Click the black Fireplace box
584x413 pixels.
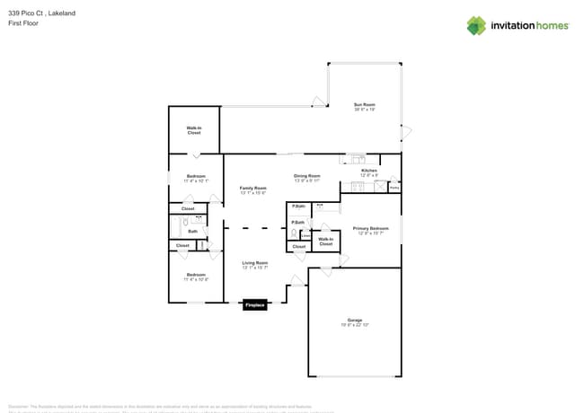point(254,305)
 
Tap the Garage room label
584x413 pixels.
point(355,320)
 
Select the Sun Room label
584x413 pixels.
point(364,105)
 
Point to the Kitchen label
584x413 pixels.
point(369,171)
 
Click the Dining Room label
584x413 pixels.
point(307,176)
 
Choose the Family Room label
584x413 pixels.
point(252,189)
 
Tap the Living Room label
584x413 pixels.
point(254,262)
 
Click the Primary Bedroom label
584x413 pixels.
point(370,229)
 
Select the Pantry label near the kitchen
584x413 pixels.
point(394,189)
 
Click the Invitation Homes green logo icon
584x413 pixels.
point(476,25)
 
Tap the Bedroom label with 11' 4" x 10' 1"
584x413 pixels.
point(196,176)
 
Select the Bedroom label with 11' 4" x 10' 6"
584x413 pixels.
point(196,275)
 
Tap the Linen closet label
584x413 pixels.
point(305,236)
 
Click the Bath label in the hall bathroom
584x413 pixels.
point(192,231)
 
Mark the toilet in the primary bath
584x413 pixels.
point(294,233)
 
